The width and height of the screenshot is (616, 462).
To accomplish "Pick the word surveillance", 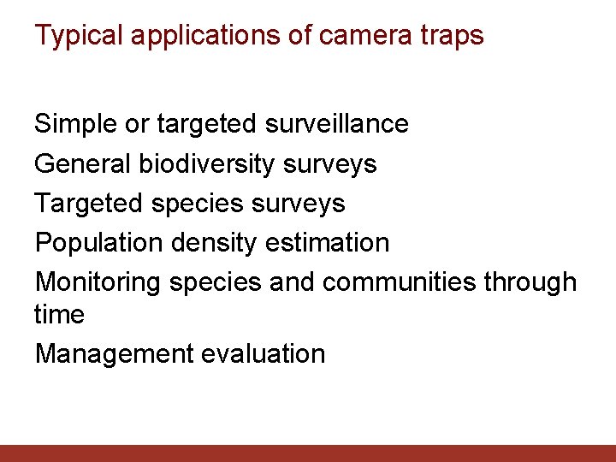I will coord(337,124).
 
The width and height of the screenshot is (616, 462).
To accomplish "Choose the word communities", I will coord(400,282).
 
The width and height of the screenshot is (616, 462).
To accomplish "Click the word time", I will coord(59,315).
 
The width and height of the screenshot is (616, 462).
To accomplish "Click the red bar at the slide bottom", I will coord(308,453).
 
